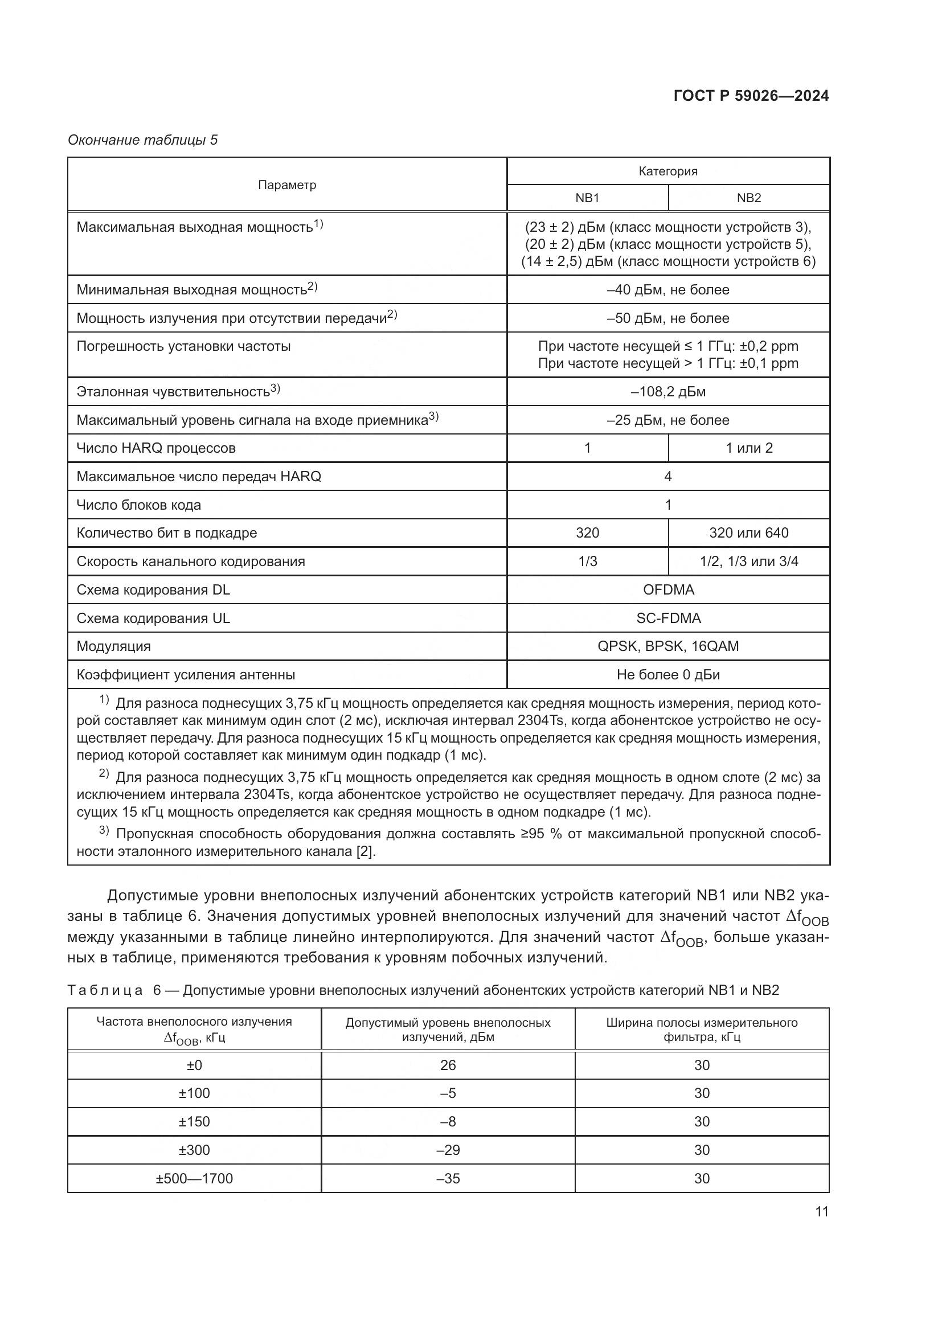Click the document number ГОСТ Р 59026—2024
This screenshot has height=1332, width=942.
tap(751, 96)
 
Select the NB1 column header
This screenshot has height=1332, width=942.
tap(587, 198)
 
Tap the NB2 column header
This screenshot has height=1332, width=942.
tap(749, 198)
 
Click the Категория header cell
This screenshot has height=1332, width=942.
tap(668, 171)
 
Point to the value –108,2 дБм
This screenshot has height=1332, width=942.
tap(668, 392)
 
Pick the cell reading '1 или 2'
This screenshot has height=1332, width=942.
tap(749, 448)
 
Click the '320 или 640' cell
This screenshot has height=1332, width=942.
tap(749, 532)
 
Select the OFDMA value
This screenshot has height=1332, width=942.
tap(668, 589)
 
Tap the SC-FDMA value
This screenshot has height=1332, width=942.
tap(668, 618)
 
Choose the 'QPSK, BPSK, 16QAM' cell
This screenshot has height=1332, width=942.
tap(668, 646)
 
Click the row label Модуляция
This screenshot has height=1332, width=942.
tap(114, 646)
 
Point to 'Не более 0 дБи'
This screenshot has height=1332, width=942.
tap(668, 675)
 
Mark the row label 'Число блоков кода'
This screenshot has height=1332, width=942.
tap(138, 505)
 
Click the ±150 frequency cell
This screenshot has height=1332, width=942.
tap(194, 1121)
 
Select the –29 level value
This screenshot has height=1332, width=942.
tap(448, 1150)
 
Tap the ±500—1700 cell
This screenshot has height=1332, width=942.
tap(194, 1178)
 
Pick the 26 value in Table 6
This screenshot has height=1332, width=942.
tap(448, 1065)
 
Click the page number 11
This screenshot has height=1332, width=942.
tap(822, 1211)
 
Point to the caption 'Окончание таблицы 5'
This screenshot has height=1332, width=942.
tap(143, 140)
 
